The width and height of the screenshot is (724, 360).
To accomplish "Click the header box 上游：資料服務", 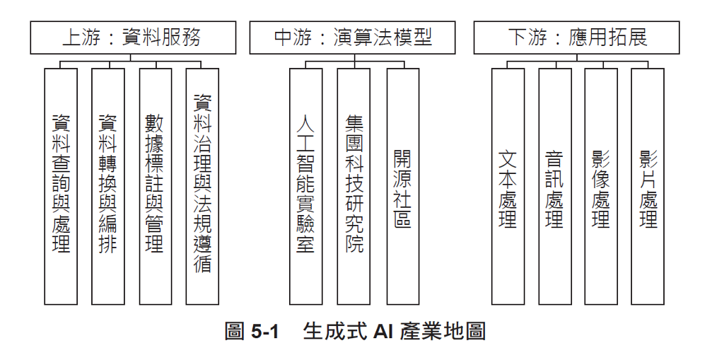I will click(133, 37).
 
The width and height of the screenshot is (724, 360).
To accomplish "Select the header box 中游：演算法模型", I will click(353, 37).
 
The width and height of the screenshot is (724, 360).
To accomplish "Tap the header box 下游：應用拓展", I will click(576, 37).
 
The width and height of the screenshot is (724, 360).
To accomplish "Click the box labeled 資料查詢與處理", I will click(61, 185).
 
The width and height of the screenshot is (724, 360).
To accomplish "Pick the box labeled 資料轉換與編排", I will click(107, 185).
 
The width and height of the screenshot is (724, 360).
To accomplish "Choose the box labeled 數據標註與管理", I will click(155, 185).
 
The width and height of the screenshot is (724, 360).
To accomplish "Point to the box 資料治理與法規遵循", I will click(202, 185).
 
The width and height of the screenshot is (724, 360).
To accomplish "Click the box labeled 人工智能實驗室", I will click(305, 185).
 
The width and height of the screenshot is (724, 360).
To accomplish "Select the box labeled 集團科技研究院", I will click(354, 185).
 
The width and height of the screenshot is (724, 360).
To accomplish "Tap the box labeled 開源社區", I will click(402, 185).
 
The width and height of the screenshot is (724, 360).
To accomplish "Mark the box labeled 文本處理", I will click(508, 185).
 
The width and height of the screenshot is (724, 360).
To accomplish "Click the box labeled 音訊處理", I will click(554, 185).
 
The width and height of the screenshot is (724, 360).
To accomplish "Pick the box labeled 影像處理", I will click(601, 185).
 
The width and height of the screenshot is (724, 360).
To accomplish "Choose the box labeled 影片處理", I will click(648, 185).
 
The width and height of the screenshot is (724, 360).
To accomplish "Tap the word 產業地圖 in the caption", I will click(442, 331).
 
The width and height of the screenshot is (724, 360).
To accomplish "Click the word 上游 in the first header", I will click(79, 37).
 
